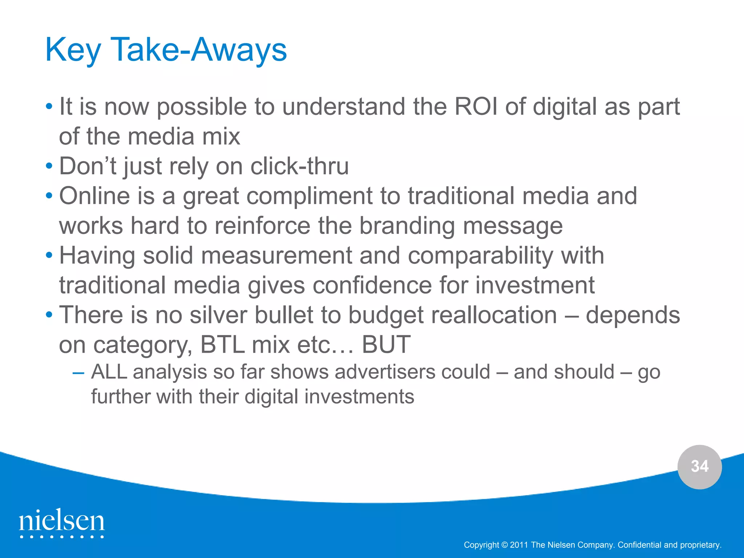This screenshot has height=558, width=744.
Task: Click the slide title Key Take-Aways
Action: pos(166,50)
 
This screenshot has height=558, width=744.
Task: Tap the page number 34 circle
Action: pos(699,466)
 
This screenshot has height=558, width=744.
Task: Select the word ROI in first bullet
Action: pos(476,107)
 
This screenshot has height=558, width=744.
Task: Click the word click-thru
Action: pos(299,166)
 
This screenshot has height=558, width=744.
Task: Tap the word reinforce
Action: pos(262,226)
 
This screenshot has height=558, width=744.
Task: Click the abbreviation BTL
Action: pos(222,345)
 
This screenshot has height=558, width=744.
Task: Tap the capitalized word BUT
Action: pos(386,345)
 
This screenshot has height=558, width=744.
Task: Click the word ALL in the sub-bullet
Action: pos(109,372)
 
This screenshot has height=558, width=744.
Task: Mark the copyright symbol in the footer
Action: pos(504,545)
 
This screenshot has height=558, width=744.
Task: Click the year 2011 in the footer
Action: pos(519,545)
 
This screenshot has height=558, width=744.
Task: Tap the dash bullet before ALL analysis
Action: pos(78,373)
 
